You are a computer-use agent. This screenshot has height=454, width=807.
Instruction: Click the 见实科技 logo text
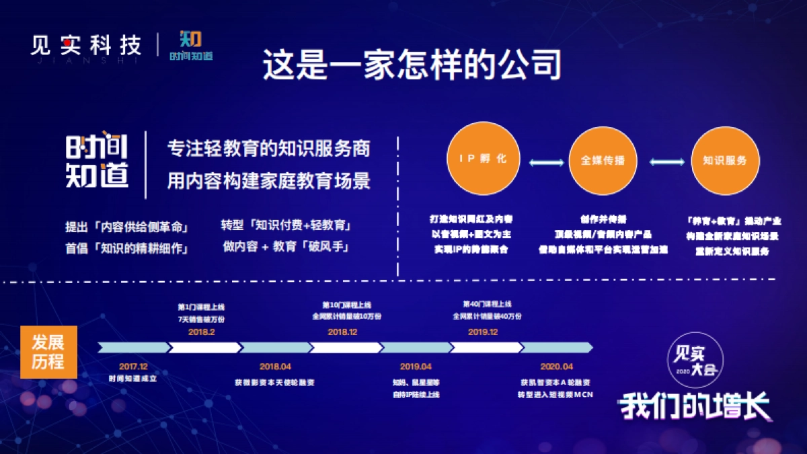[86, 45]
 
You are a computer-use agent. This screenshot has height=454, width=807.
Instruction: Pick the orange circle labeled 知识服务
[724, 160]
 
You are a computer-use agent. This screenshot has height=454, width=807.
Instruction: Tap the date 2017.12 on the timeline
[132, 367]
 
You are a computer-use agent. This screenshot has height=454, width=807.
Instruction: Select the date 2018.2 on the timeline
[202, 332]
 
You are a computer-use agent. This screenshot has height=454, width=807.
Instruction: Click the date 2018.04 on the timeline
[275, 367]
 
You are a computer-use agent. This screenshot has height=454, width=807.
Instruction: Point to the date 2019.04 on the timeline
[415, 367]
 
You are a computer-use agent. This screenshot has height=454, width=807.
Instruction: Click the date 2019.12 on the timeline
[483, 332]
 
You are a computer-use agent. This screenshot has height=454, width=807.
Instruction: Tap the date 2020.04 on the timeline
[556, 367]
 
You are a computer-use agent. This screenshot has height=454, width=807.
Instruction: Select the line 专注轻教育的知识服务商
[268, 149]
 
